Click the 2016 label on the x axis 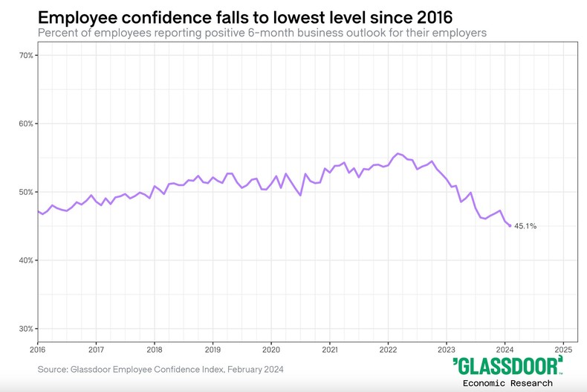(x=38, y=349)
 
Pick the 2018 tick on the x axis (x=154, y=349)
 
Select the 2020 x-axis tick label (x=271, y=349)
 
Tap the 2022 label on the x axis (x=388, y=349)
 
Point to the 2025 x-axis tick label (x=563, y=349)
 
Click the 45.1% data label (x=525, y=226)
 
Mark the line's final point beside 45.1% (x=510, y=225)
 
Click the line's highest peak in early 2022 (x=398, y=153)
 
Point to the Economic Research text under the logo (x=507, y=383)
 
